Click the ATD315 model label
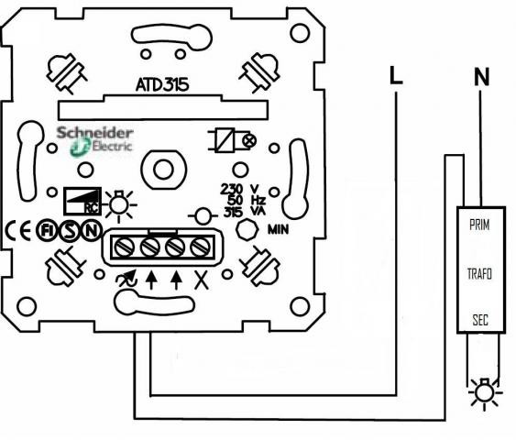(162, 84)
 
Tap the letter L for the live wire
(396, 75)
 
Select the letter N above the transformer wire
(482, 76)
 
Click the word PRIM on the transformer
(479, 225)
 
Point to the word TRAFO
(480, 274)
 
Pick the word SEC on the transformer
(480, 320)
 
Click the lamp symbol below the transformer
(485, 393)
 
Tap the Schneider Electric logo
(94, 141)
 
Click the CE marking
(18, 230)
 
